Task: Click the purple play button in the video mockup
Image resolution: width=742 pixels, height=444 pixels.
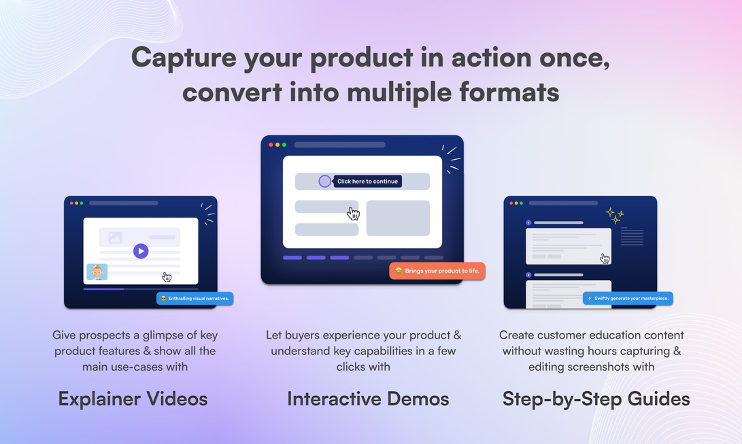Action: click(x=141, y=251)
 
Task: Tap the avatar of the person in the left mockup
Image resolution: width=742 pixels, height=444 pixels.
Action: click(x=97, y=272)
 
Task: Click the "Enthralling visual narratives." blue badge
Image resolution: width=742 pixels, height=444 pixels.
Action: click(x=195, y=298)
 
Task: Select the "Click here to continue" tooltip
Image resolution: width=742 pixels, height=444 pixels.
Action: click(x=368, y=181)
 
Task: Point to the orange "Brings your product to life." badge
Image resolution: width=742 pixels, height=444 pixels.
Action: click(x=437, y=271)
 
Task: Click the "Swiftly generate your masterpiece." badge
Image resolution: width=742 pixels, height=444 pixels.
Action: click(x=628, y=298)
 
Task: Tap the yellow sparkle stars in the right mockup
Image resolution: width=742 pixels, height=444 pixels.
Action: click(x=615, y=216)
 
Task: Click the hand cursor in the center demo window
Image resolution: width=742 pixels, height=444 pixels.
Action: click(x=354, y=214)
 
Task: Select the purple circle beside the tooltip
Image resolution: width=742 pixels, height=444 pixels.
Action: click(x=324, y=181)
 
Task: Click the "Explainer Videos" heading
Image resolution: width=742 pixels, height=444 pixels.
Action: click(x=133, y=399)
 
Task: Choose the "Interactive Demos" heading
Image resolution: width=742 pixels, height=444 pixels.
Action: click(x=368, y=399)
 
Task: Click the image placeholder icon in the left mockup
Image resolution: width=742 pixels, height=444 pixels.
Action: click(x=115, y=237)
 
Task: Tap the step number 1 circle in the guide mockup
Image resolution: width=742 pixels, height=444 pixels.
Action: click(x=528, y=223)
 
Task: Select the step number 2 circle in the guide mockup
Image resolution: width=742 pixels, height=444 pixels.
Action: click(x=528, y=275)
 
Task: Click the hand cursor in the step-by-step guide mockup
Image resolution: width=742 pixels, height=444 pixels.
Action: click(x=605, y=258)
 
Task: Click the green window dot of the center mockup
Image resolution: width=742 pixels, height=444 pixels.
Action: click(x=284, y=145)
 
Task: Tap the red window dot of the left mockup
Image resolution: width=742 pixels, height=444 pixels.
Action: click(x=72, y=203)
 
